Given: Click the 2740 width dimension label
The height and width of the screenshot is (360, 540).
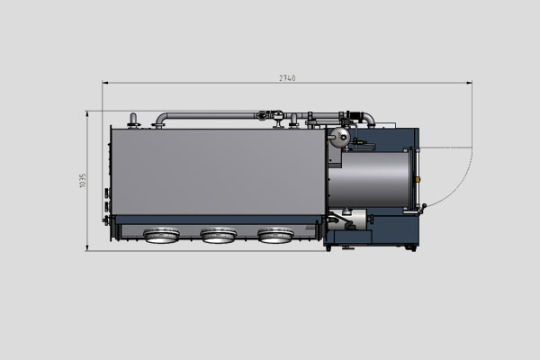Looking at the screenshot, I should coord(287,78).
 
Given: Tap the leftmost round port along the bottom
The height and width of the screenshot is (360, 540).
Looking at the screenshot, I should coord(160,236).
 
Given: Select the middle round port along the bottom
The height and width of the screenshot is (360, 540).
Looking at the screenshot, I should coord(218,236).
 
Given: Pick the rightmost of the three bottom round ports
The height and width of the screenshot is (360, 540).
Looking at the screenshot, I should coord(274,236).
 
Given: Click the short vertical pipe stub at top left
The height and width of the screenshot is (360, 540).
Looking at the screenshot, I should coord(134,120).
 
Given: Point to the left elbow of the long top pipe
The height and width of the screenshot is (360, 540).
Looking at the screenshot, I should coord(159,119).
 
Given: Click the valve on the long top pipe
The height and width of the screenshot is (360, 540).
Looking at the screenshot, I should coord(265,115).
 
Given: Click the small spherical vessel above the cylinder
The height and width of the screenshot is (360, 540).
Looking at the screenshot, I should coord(339,137).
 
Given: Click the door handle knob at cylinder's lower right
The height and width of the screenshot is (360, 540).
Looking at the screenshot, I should coord(419,209).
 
